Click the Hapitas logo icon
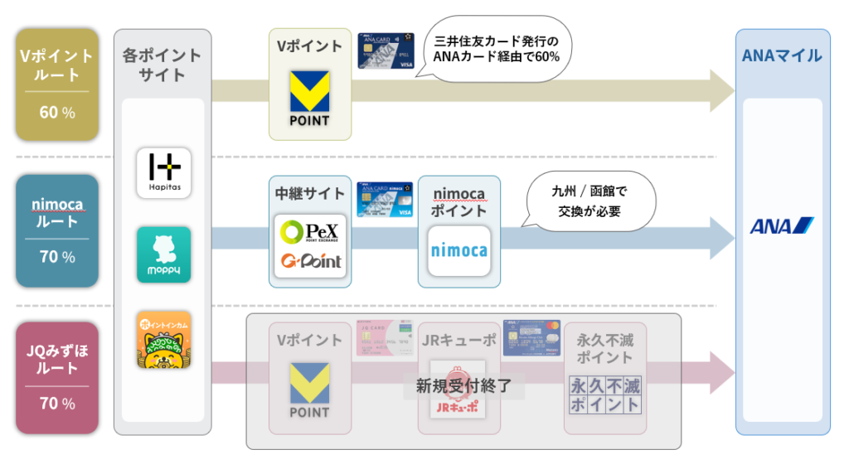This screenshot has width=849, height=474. click(163, 173)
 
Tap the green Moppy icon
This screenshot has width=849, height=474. click(163, 254)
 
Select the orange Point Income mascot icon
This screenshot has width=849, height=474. click(163, 339)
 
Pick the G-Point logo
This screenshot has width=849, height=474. click(309, 262)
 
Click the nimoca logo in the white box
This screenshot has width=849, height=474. click(458, 249)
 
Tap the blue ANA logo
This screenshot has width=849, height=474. click(782, 225)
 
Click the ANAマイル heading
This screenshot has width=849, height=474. click(783, 56)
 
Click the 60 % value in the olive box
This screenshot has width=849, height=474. click(56, 112)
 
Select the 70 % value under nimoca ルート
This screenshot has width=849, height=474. click(56, 257)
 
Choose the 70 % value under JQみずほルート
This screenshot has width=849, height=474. click(56, 404)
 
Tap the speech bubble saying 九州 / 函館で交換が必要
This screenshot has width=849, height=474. click(589, 201)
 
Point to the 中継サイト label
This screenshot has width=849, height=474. click(309, 194)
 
